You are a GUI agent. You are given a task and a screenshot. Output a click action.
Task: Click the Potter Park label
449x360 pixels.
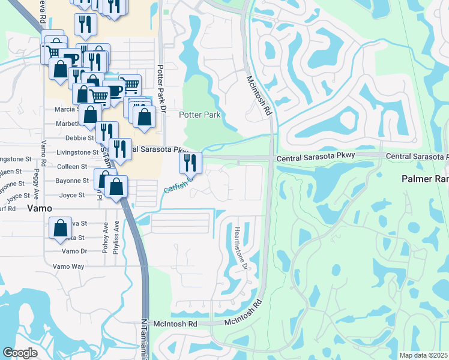pyautogui.click(x=200, y=115)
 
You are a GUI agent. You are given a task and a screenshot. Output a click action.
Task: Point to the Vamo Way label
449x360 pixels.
pyautogui.click(x=68, y=266)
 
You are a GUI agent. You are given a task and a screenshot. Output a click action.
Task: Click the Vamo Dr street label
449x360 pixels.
pyautogui.click(x=74, y=251)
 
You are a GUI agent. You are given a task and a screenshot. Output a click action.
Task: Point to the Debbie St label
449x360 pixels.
pyautogui.click(x=77, y=138)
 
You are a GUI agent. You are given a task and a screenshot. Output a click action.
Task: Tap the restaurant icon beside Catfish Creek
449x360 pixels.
pyautogui.click(x=190, y=162)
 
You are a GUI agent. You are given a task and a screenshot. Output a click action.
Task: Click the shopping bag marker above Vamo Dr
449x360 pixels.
pyautogui.click(x=60, y=227)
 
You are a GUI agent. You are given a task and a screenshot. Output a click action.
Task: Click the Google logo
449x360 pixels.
pyautogui.click(x=20, y=352)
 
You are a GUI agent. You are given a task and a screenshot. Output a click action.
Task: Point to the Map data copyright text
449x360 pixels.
pyautogui.click(x=423, y=355)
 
